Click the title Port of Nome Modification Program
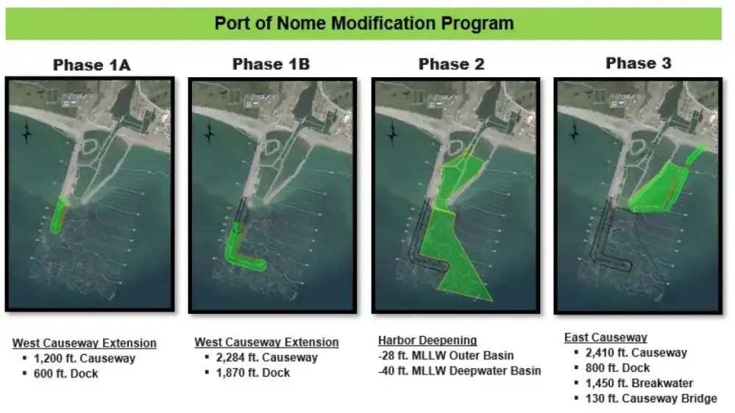click(363, 24)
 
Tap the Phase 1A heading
click(91, 65)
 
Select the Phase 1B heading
click(271, 64)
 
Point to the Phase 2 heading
click(452, 64)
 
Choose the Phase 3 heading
click(639, 63)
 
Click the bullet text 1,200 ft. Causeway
click(85, 359)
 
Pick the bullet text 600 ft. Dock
click(66, 373)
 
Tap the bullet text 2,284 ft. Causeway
click(267, 358)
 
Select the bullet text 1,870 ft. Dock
click(253, 373)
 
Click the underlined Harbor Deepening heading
click(427, 340)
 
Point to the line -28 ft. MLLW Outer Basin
click(446, 356)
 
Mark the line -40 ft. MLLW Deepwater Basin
click(459, 371)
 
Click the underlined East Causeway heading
click(606, 337)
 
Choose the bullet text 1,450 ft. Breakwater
click(639, 383)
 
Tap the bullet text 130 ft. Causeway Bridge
click(651, 398)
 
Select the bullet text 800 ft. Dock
click(617, 368)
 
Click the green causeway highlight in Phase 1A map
click(58, 215)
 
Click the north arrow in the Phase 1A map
click(26, 134)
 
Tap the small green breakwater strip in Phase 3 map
click(695, 154)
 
